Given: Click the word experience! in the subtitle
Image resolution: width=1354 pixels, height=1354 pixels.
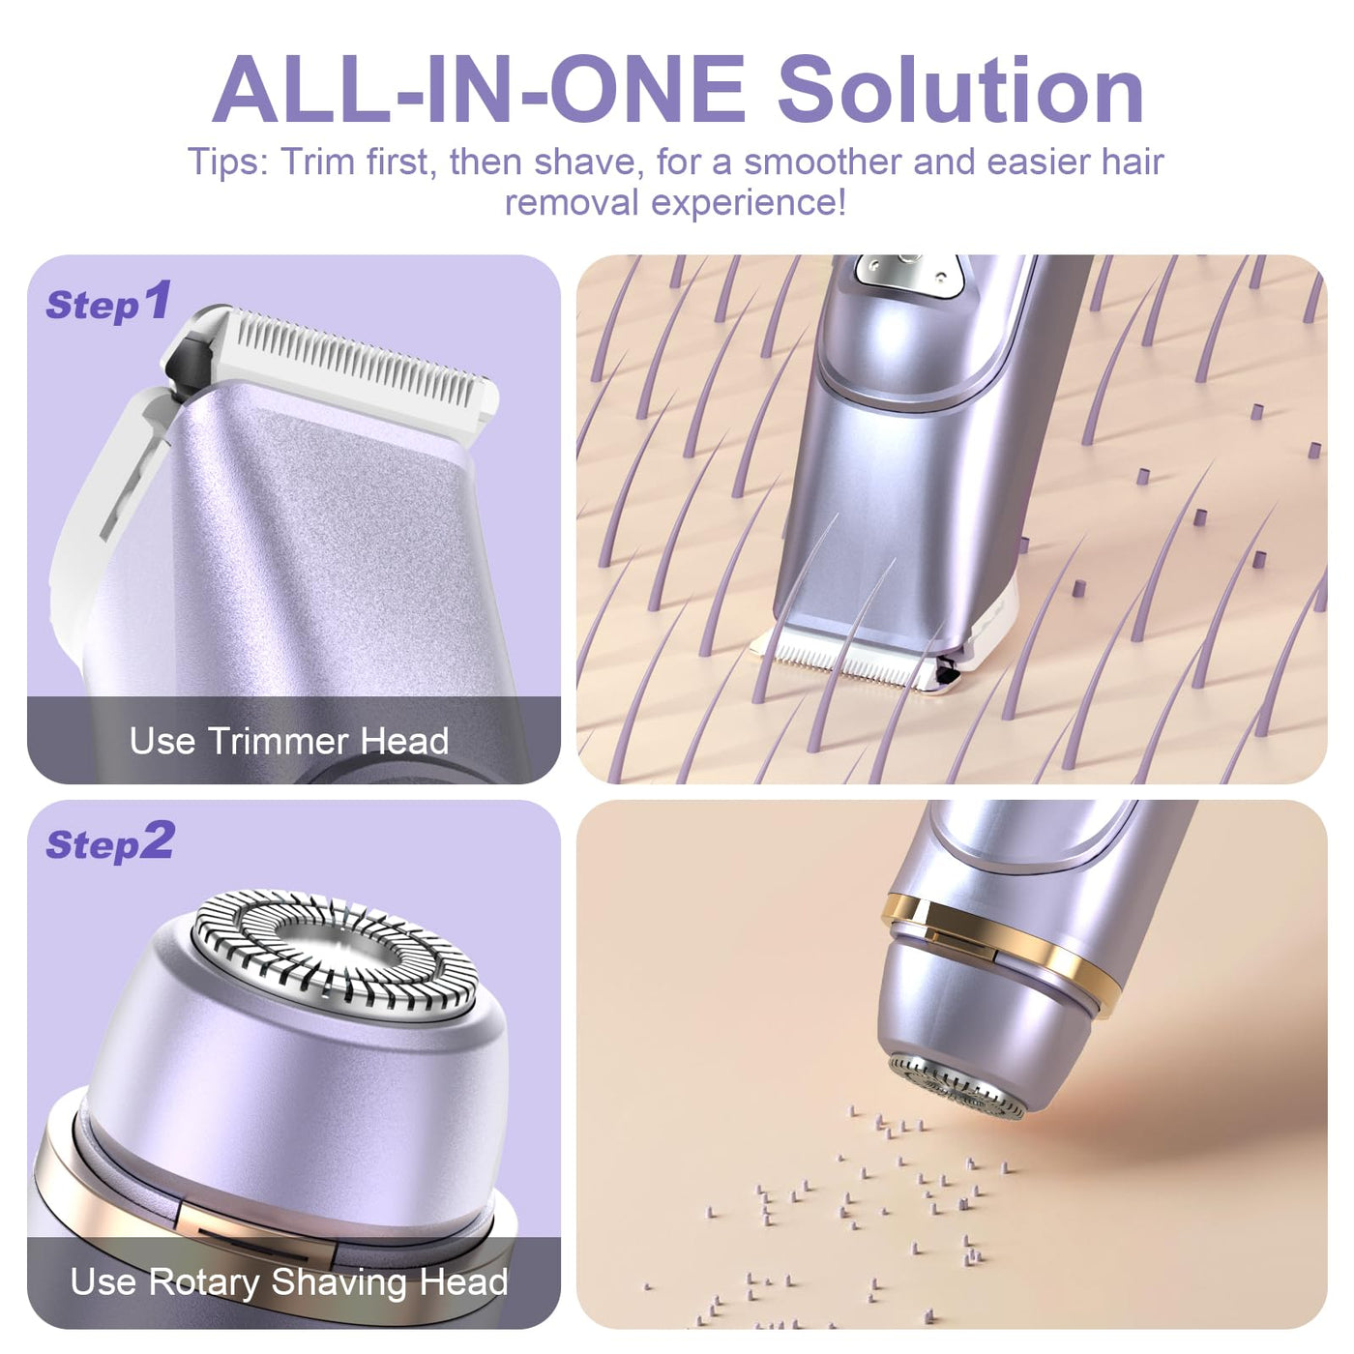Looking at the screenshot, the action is coord(749,204).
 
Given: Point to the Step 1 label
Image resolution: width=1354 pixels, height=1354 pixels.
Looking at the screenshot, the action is coord(108,302).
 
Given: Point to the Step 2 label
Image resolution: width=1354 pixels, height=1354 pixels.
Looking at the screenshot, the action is coord(109,843).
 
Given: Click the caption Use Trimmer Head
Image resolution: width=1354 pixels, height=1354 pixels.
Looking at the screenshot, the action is coord(289,741).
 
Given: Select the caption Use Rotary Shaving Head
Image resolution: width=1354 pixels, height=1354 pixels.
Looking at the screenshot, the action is coord(289,1280).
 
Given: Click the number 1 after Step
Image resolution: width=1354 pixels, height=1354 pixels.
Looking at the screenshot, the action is coord(157,299).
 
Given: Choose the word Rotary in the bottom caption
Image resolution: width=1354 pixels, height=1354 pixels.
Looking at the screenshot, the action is coord(204,1282).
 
